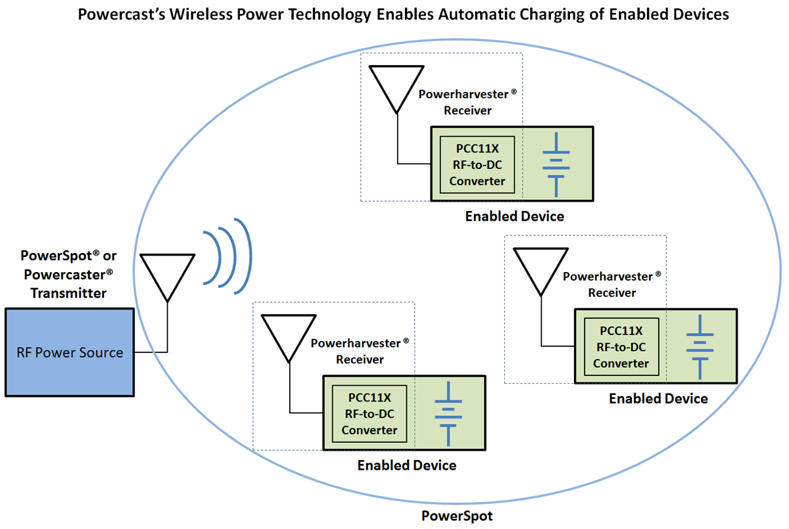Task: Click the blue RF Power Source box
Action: tap(70, 352)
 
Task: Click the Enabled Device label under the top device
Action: tap(514, 216)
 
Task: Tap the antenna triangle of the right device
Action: tap(540, 267)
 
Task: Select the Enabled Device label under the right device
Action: tap(658, 399)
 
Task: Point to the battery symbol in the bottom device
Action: tap(448, 413)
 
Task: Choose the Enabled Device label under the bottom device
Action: tap(406, 466)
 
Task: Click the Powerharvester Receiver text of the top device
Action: tap(467, 102)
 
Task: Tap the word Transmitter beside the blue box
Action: tap(68, 294)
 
